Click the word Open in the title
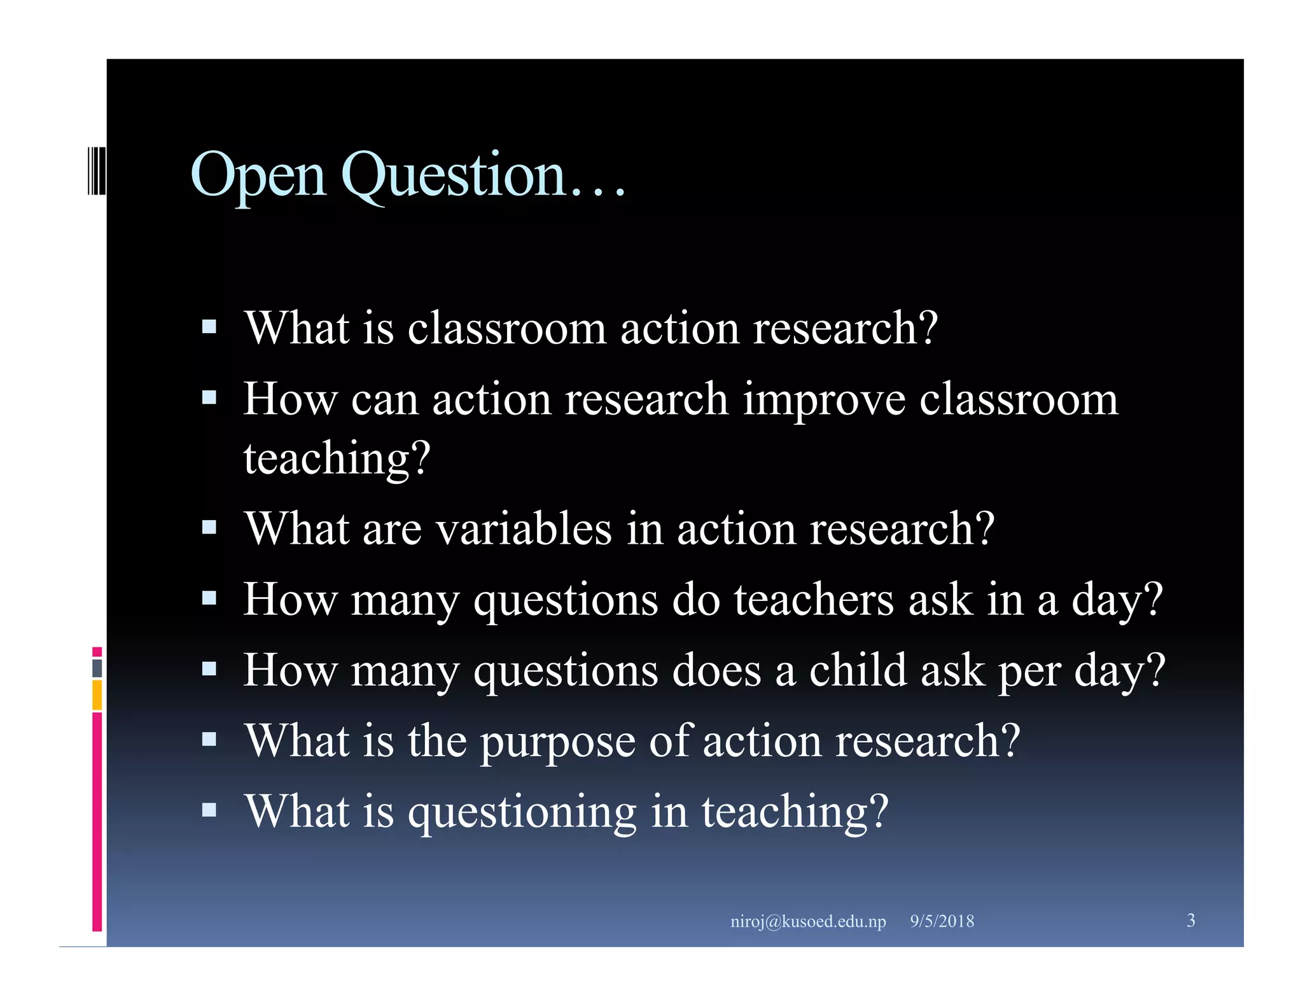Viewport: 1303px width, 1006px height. pyautogui.click(x=258, y=176)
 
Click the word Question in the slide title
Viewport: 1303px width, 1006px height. pyautogui.click(x=453, y=176)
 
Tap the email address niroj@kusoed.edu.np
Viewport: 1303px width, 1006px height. pyautogui.click(x=807, y=921)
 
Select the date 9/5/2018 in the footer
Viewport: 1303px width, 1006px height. pyautogui.click(x=942, y=921)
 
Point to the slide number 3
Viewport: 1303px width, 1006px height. pyautogui.click(x=1190, y=920)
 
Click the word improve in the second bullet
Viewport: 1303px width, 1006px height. pyautogui.click(x=824, y=401)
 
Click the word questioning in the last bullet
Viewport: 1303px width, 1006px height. pyautogui.click(x=522, y=812)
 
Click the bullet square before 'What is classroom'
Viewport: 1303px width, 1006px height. pyautogui.click(x=209, y=327)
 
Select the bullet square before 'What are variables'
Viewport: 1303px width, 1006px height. pyautogui.click(x=209, y=527)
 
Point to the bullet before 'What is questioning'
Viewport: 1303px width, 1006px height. pyautogui.click(x=209, y=810)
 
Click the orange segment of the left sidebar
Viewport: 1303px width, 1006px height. pyautogui.click(x=97, y=694)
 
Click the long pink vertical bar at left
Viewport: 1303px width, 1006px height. pyautogui.click(x=97, y=820)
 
